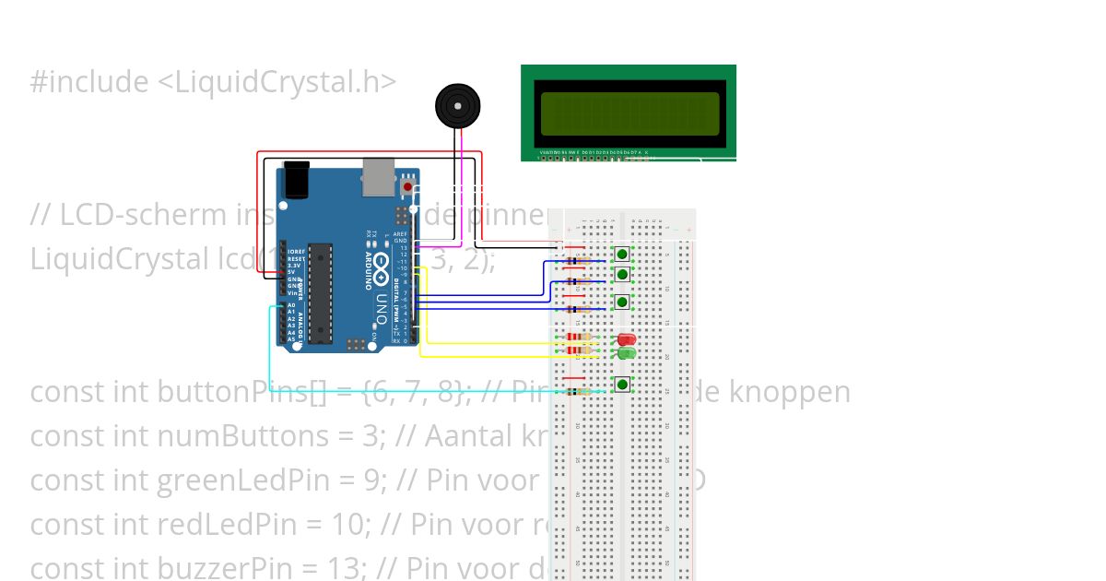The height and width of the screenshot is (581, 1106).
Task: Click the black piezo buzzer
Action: (458, 106)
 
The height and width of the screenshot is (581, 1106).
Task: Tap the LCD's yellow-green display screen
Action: (629, 113)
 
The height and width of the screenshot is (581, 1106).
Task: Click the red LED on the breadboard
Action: (626, 340)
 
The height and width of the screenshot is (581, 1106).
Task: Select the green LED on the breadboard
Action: (626, 353)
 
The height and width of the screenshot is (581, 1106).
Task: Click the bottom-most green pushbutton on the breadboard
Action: (623, 385)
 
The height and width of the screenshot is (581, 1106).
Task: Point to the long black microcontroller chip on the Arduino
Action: (320, 291)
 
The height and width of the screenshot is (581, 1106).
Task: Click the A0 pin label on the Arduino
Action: (291, 304)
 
